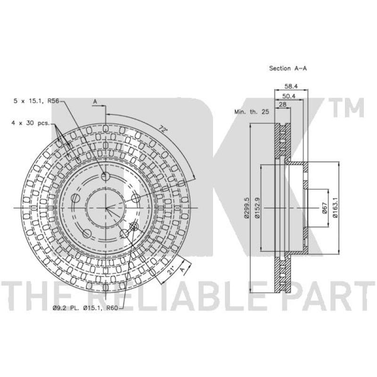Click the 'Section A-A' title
tap(288, 68)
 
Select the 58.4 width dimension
tap(291, 86)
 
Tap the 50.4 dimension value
tap(289, 96)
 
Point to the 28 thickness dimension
tap(283, 105)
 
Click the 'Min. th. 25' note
tap(252, 112)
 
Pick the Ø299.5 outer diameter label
tap(246, 208)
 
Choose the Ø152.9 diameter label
tap(257, 208)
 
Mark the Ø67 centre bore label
tap(325, 208)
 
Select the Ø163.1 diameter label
tap(336, 208)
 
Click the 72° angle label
tap(163, 130)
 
